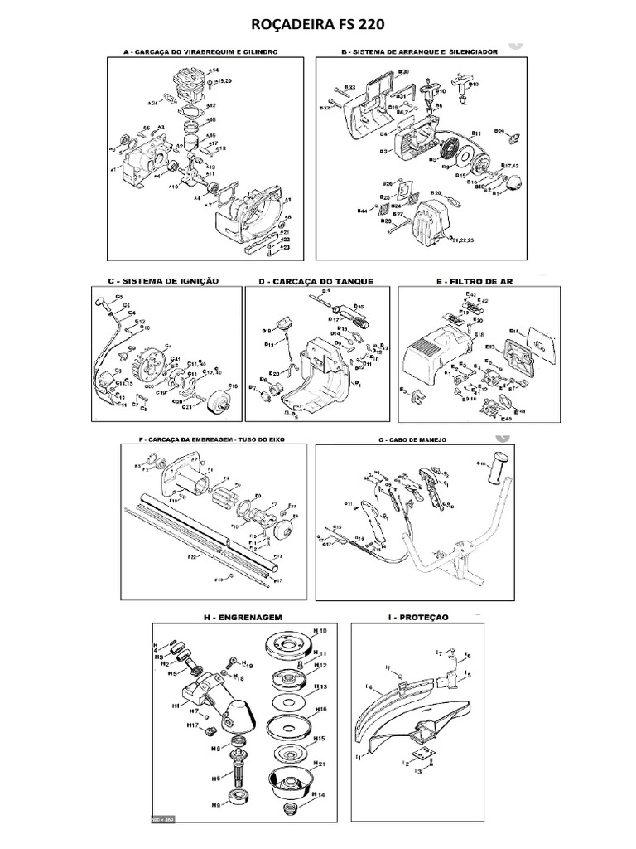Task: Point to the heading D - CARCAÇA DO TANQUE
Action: coord(316,282)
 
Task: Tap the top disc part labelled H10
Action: coord(284,644)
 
